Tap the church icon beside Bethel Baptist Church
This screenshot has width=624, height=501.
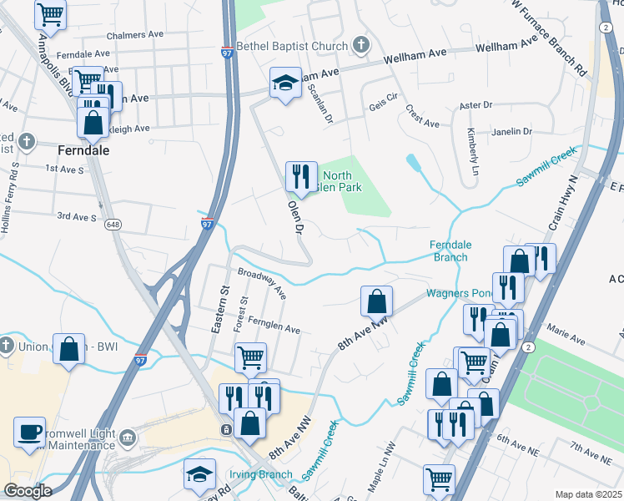coord(360,44)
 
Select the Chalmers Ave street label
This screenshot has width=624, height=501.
coord(135,37)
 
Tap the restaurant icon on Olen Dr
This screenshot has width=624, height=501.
coord(301,177)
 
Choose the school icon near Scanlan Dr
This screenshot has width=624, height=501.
coord(285,83)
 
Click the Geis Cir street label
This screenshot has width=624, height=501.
coord(383,108)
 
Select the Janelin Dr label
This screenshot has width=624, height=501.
coord(511,132)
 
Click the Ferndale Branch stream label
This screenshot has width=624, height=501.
coord(449,250)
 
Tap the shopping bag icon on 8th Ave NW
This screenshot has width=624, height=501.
coord(377,301)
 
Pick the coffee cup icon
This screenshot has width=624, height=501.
coord(30,432)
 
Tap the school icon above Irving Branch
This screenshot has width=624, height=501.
coord(199,475)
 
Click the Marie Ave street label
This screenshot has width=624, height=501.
coord(566,337)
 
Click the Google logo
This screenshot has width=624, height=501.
coord(28,491)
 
